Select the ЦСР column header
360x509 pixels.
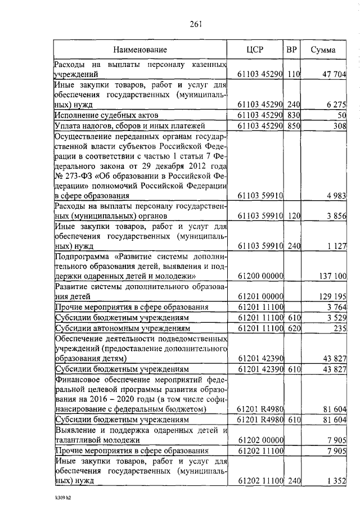255,50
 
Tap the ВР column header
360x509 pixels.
291,50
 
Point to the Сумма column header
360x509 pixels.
323,50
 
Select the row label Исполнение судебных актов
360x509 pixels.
103,115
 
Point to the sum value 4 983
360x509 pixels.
336,195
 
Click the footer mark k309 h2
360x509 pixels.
58,498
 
